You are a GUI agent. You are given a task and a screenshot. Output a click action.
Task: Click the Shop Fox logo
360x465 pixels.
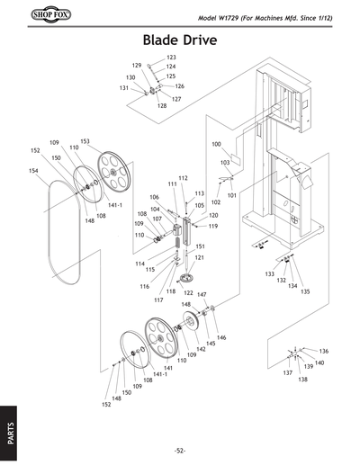click(x=31, y=16)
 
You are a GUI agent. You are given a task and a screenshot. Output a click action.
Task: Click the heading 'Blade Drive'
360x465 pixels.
click(x=180, y=41)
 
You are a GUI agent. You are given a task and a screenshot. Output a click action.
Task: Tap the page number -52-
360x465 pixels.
click(x=180, y=450)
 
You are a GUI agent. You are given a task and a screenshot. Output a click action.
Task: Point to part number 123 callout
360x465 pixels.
click(x=171, y=58)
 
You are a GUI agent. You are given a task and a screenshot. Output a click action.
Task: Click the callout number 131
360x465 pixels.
click(x=123, y=89)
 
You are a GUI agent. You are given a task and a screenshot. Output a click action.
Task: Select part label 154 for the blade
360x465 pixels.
click(x=32, y=171)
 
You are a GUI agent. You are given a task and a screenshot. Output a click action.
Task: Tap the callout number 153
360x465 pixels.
click(x=85, y=142)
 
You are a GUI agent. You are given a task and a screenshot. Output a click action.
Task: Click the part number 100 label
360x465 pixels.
click(x=216, y=144)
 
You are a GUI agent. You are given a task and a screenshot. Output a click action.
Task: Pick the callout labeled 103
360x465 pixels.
click(x=225, y=163)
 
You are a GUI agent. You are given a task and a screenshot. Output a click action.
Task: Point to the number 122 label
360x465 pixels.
click(x=188, y=293)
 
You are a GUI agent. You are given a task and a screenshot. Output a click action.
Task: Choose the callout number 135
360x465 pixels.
click(x=305, y=291)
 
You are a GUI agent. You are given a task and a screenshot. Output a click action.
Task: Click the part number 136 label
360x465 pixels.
click(x=324, y=351)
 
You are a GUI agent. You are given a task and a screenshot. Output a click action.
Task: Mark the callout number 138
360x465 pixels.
click(x=302, y=380)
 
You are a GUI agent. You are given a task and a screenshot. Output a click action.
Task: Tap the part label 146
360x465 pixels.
click(x=220, y=337)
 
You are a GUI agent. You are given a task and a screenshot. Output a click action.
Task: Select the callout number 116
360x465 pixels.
click(x=144, y=286)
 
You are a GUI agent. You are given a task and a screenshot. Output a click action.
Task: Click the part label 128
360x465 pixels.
click(x=162, y=106)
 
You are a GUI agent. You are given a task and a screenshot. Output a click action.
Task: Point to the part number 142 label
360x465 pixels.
click(x=201, y=349)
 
